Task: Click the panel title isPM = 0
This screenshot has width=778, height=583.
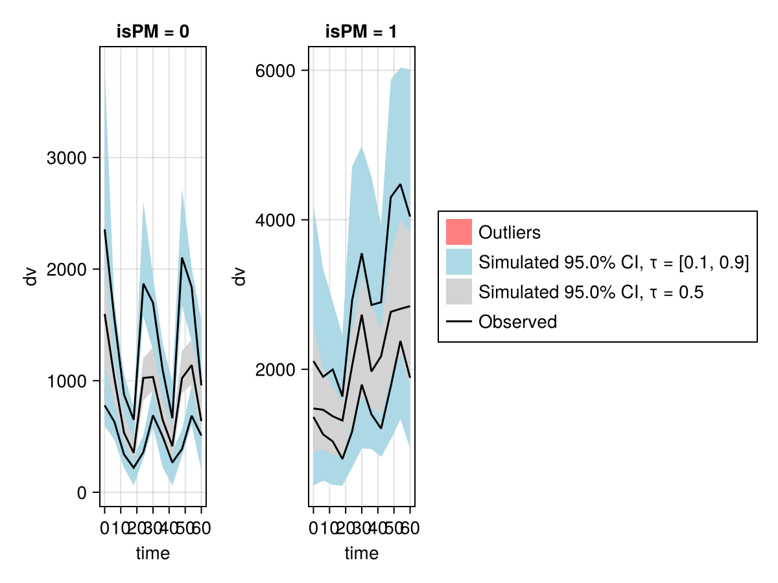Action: pos(153,32)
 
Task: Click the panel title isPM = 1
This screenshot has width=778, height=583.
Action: pos(361,32)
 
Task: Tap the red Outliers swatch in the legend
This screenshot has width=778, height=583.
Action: pos(458,232)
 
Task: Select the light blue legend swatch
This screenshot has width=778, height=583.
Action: pos(458,262)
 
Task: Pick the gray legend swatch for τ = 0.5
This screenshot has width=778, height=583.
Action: pos(458,291)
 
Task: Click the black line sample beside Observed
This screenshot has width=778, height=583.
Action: pos(458,321)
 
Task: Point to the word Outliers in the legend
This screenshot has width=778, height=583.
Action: pos(509,232)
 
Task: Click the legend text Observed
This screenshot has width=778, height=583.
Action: pos(517,321)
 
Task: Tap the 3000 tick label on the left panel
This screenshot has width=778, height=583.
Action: pos(67,158)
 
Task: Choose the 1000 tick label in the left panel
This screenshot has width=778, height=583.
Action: pos(67,382)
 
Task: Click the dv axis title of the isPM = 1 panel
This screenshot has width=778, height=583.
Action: pos(240,277)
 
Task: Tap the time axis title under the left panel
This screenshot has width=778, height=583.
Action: pos(153,554)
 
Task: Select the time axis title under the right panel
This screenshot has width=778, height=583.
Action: pos(361,554)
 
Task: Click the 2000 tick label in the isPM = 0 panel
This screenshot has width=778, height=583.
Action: pos(67,269)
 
